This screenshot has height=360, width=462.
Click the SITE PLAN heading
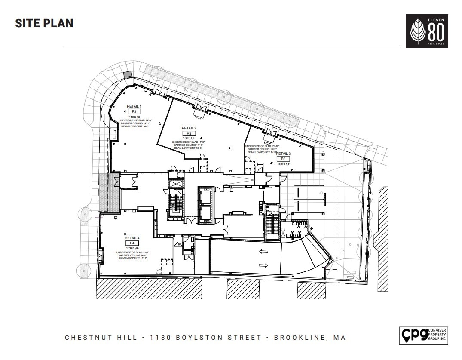tap(44, 23)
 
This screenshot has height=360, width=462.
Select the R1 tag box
tap(134, 111)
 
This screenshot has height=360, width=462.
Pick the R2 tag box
tap(189, 133)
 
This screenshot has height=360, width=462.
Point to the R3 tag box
tap(283, 159)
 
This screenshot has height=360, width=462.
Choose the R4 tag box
tap(132, 243)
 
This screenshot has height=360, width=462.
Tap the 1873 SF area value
tap(189, 138)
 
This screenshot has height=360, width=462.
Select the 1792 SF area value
tap(132, 248)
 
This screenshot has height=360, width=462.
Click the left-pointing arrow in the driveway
tap(263, 252)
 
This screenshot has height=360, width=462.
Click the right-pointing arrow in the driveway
tap(263, 265)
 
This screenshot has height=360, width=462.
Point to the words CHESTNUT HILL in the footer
tap(101, 338)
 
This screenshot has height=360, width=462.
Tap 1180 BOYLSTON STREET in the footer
tap(205, 338)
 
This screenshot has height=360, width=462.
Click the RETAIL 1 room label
tap(134, 106)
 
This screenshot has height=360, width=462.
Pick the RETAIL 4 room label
tap(132, 238)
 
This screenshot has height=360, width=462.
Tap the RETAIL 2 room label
tap(189, 128)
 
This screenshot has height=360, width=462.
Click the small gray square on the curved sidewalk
tap(127, 75)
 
